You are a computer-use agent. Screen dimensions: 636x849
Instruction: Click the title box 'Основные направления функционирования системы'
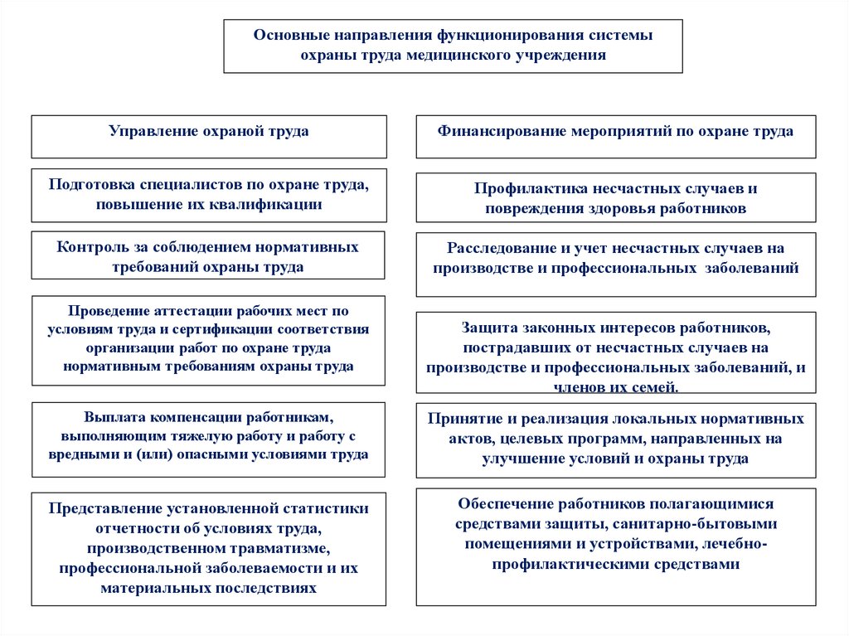tap(453, 46)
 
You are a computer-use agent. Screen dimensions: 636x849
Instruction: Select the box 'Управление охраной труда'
tap(209, 137)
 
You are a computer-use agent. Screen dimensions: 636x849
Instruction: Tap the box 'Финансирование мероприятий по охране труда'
tap(615, 137)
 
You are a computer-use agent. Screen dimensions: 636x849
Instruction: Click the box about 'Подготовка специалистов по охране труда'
tap(209, 196)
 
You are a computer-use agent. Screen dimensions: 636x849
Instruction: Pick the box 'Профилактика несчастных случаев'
tap(615, 198)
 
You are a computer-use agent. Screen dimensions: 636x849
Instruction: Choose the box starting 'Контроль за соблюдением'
tap(208, 256)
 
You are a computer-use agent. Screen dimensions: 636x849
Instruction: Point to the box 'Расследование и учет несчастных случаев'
tap(615, 264)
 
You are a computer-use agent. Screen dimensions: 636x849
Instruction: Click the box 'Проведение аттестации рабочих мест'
tap(209, 340)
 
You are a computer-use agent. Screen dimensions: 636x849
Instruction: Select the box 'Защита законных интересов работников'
tap(615, 352)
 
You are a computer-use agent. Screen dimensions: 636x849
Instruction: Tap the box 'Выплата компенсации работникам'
tap(209, 439)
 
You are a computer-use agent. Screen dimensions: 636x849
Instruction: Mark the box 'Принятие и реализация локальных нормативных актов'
tap(615, 438)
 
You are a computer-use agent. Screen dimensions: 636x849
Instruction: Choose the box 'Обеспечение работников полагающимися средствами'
tap(615, 546)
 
